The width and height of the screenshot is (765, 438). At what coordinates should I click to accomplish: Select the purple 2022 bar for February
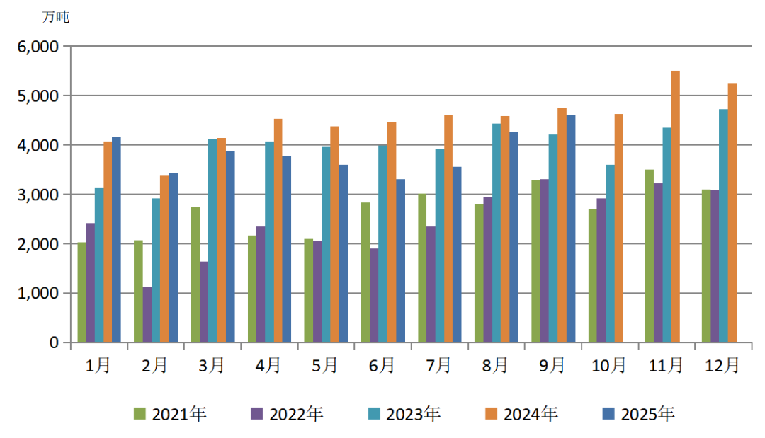click(147, 314)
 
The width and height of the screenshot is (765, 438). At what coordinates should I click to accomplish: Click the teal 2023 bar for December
click(723, 226)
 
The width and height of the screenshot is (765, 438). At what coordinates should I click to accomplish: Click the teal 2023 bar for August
click(497, 233)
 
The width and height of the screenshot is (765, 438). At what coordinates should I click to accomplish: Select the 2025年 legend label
click(647, 414)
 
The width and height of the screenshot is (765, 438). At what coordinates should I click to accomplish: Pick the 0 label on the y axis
click(53, 342)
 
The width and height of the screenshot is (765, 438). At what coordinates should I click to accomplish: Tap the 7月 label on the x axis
click(438, 365)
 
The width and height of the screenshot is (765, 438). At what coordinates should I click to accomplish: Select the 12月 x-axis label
click(722, 365)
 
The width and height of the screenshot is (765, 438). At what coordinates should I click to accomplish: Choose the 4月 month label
click(268, 365)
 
